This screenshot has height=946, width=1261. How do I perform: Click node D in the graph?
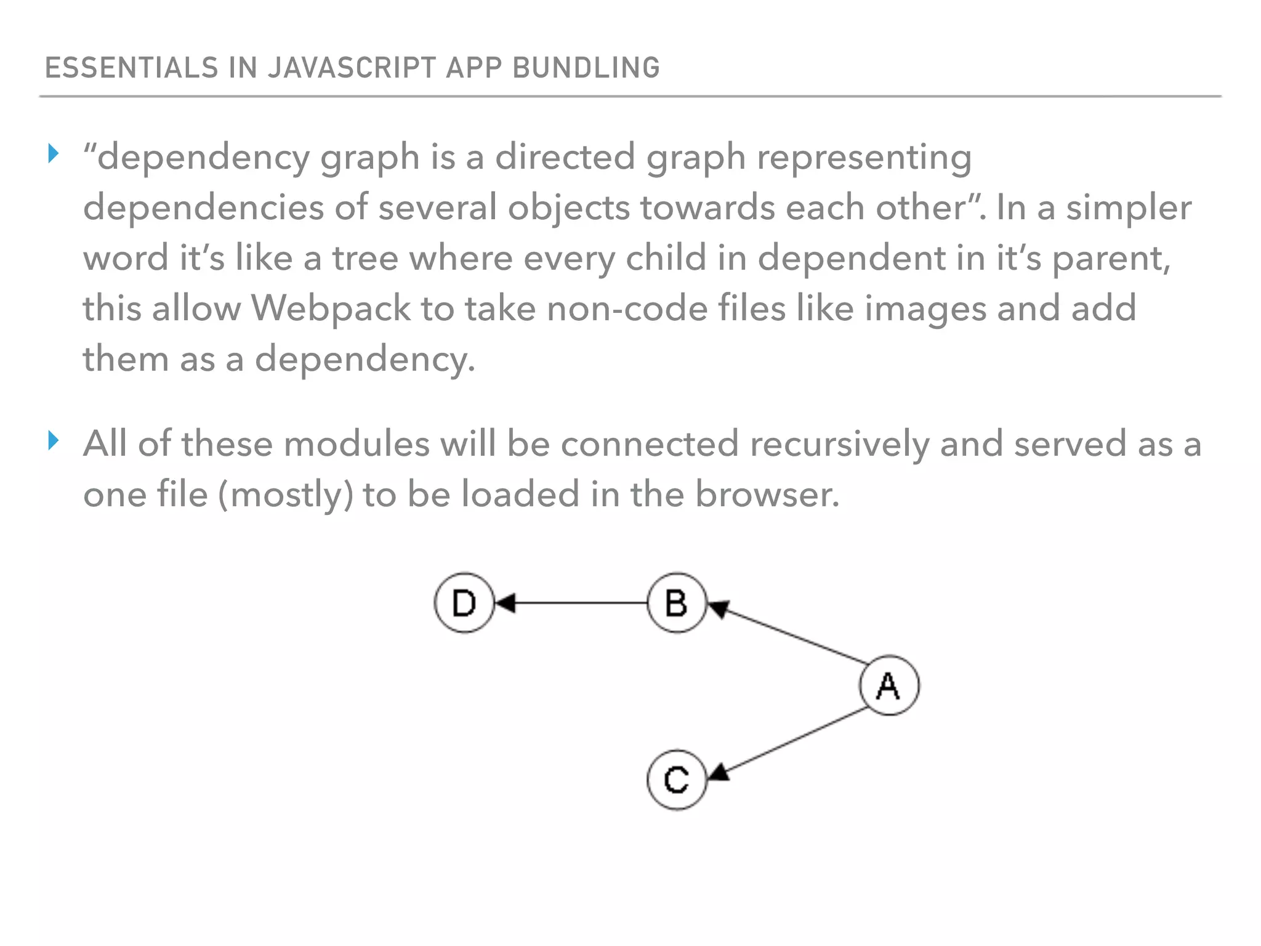[x=464, y=603]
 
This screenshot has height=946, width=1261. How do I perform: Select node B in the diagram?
[x=677, y=603]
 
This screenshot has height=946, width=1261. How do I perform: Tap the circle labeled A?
[x=888, y=685]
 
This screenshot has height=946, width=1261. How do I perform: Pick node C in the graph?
[x=677, y=780]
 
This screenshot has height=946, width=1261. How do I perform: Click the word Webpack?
[x=331, y=308]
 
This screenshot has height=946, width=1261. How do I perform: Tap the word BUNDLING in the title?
[x=586, y=68]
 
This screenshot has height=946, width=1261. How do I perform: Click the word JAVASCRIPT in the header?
[x=352, y=68]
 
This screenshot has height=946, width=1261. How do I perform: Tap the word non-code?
[x=627, y=308]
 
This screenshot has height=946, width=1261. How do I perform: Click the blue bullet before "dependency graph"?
[x=54, y=153]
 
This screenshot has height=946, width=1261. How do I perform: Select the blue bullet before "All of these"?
[x=54, y=440]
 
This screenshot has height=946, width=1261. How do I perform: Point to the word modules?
[x=357, y=444]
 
